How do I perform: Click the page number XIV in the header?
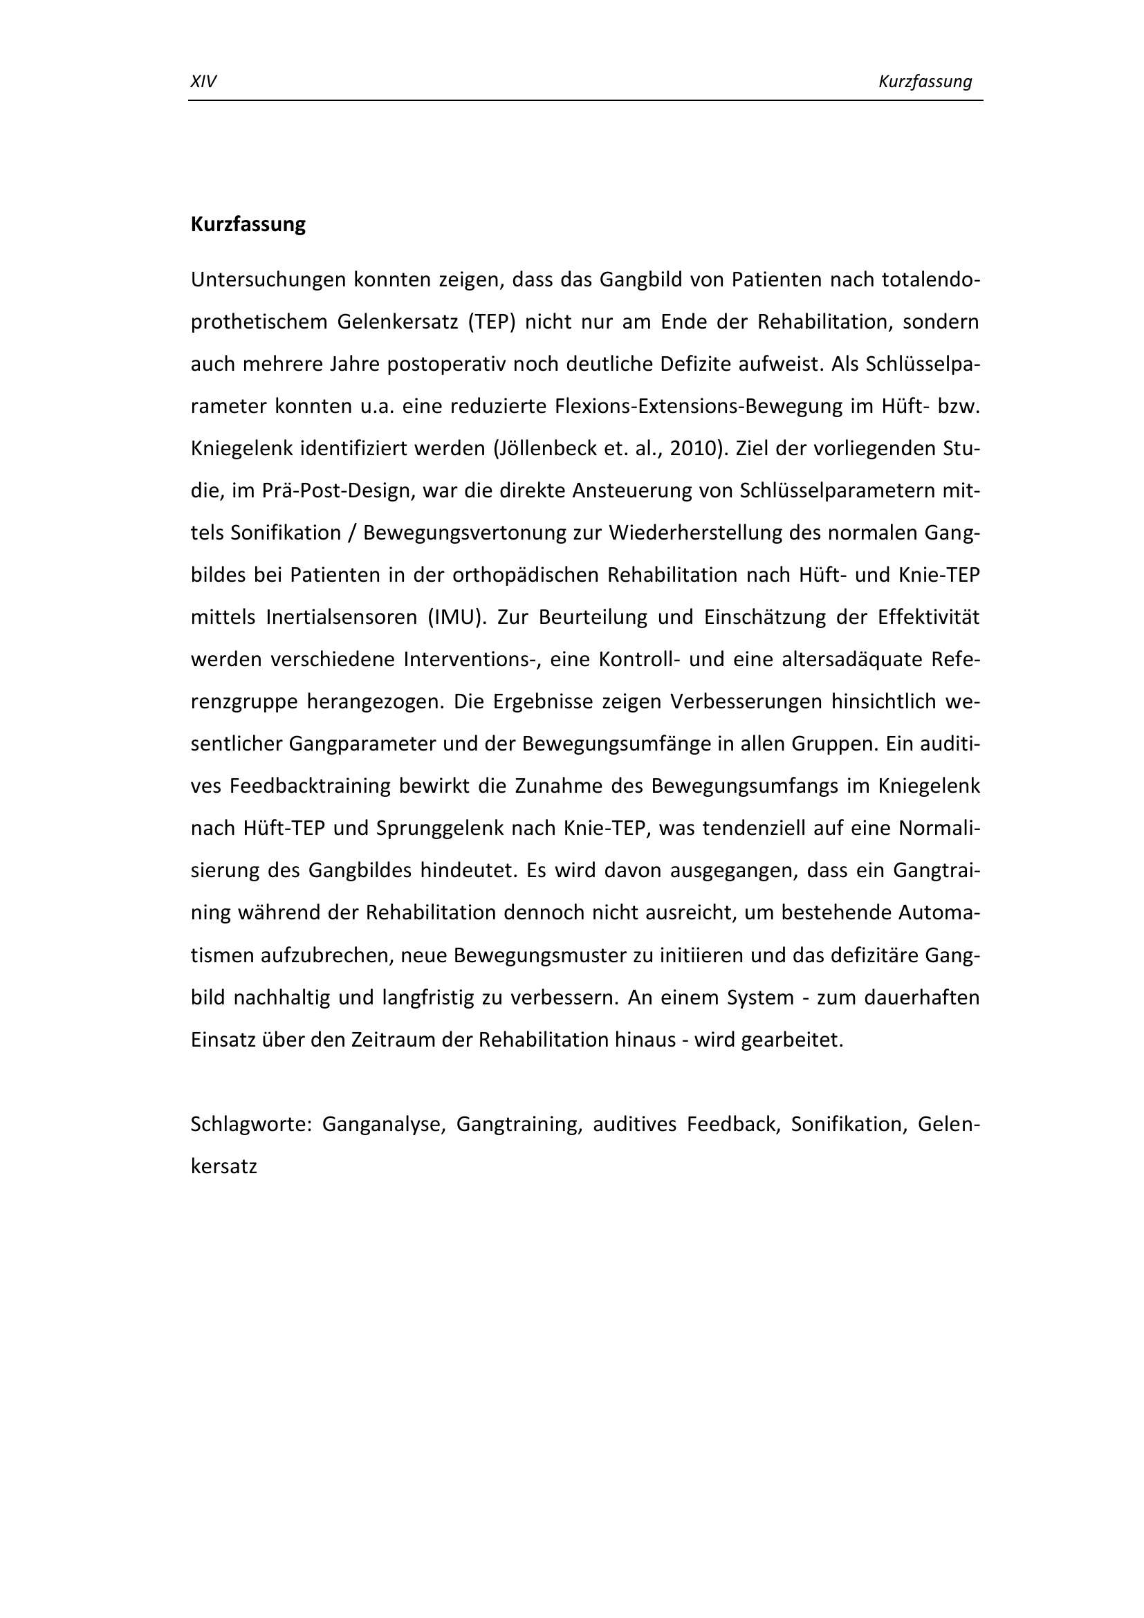pos(203,82)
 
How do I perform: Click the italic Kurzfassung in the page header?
pos(925,82)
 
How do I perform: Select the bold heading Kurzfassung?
pos(248,225)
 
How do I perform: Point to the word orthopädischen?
pos(525,576)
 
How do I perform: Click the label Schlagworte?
pos(251,1125)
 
